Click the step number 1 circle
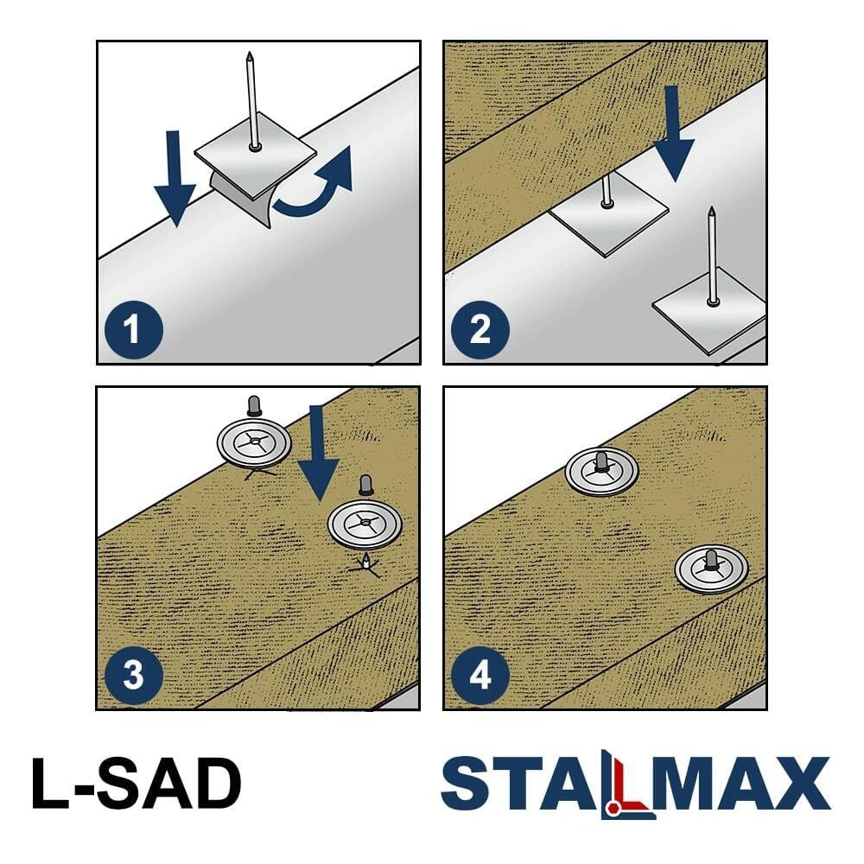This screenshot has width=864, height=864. pyautogui.click(x=133, y=329)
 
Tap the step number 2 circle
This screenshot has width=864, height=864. pyautogui.click(x=480, y=329)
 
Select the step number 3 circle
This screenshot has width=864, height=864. pyautogui.click(x=133, y=675)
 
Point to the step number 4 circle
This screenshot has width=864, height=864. pyautogui.click(x=480, y=675)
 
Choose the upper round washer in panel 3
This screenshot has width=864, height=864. pyautogui.click(x=253, y=442)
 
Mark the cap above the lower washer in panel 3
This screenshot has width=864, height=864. pyautogui.click(x=365, y=485)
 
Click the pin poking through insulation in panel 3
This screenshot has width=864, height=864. pyautogui.click(x=365, y=562)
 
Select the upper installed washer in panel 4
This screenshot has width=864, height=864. pyautogui.click(x=601, y=472)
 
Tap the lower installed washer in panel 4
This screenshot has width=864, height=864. pyautogui.click(x=711, y=569)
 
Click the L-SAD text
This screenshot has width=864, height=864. pyautogui.click(x=137, y=783)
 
